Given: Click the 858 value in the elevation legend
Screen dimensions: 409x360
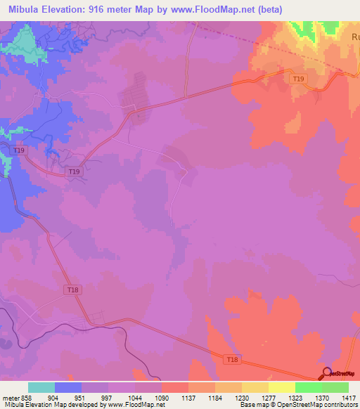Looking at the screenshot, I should click(x=26, y=397).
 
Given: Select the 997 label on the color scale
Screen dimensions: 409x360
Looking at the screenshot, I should click(x=108, y=397).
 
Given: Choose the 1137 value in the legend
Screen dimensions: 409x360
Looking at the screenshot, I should click(x=189, y=397).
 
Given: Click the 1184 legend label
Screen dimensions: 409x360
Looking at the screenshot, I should click(x=216, y=397).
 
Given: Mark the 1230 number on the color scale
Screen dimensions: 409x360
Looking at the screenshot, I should click(x=243, y=397).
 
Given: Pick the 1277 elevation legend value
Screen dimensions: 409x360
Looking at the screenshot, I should click(x=269, y=397).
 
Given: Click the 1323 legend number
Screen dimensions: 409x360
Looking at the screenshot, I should click(x=296, y=397).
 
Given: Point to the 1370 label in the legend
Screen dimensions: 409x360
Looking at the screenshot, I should click(x=323, y=397).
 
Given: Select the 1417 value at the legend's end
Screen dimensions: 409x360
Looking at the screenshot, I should click(x=348, y=397).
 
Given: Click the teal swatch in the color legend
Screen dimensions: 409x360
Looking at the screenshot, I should click(x=41, y=387).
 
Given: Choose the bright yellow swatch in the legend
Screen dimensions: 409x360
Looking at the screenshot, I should click(x=282, y=387).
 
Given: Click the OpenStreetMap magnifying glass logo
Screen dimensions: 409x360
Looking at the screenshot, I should click(x=326, y=372).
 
